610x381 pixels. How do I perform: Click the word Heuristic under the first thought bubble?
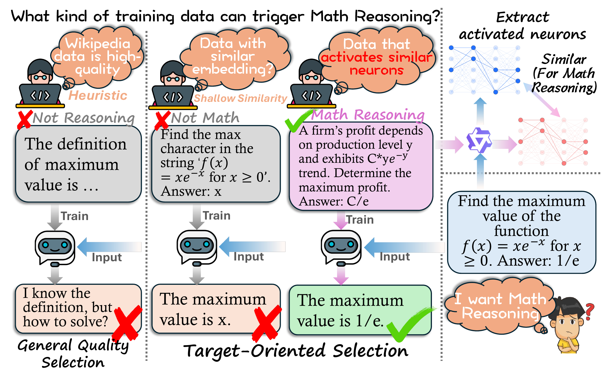tap(98, 96)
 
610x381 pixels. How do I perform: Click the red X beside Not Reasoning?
tap(25, 119)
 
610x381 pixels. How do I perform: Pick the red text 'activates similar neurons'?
tap(376, 63)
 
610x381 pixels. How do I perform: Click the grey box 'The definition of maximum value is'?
tap(78, 164)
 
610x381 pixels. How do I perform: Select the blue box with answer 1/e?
tap(521, 232)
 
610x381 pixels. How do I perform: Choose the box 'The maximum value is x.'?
tap(216, 309)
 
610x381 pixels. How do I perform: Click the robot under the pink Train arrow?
tap(341, 247)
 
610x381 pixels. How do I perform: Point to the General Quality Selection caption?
tap(73, 354)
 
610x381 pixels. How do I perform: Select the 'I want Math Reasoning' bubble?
tap(500, 306)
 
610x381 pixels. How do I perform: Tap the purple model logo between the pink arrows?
tap(479, 140)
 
